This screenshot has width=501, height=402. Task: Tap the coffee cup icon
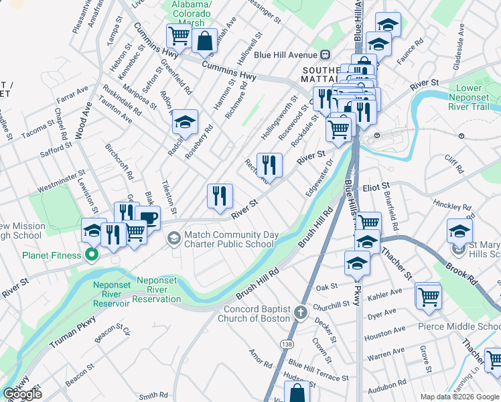pyautogui.click(x=147, y=218)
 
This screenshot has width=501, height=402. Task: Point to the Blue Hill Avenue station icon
pyautogui.click(x=325, y=55)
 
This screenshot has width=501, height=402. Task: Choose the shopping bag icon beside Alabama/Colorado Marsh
pyautogui.click(x=204, y=40)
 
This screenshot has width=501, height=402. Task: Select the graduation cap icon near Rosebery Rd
pyautogui.click(x=184, y=122)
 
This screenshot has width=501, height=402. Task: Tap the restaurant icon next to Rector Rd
pyautogui.click(x=269, y=164)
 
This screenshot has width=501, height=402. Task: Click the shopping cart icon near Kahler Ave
pyautogui.click(x=428, y=295)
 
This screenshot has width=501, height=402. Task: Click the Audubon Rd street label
pyautogui.click(x=382, y=386)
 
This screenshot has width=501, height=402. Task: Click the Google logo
pyautogui.click(x=22, y=394)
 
